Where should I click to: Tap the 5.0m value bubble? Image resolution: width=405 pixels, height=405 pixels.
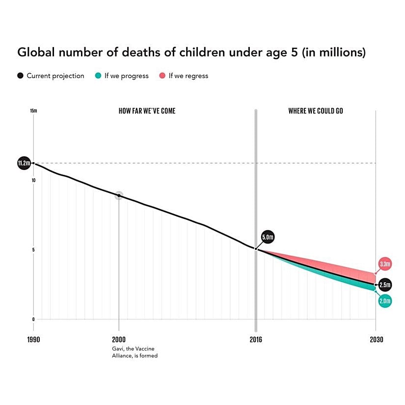[268, 238]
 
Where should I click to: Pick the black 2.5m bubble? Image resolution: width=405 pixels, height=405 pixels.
[385, 285]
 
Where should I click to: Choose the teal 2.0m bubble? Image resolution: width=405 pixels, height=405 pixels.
[385, 301]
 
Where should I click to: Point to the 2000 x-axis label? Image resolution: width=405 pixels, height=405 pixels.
[119, 340]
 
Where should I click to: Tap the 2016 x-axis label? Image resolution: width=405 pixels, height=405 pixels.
[255, 340]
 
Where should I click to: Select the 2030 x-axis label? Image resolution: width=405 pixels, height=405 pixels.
[376, 340]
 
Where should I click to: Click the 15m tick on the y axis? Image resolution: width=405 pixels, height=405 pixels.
[33, 111]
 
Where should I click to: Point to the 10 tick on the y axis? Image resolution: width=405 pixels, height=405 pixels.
[33, 181]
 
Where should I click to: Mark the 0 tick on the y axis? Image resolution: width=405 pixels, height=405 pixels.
[33, 319]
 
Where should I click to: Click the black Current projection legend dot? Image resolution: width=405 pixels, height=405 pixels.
[20, 76]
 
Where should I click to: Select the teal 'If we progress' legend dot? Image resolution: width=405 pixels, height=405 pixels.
[98, 76]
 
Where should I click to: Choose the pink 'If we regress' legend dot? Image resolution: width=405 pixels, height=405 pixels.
[162, 76]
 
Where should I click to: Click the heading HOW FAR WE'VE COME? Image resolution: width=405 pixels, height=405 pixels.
[147, 111]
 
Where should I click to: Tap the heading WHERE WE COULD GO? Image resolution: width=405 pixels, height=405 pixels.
[315, 111]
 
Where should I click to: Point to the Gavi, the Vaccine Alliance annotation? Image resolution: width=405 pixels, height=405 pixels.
[135, 352]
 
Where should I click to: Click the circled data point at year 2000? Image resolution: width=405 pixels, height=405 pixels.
[119, 195]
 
